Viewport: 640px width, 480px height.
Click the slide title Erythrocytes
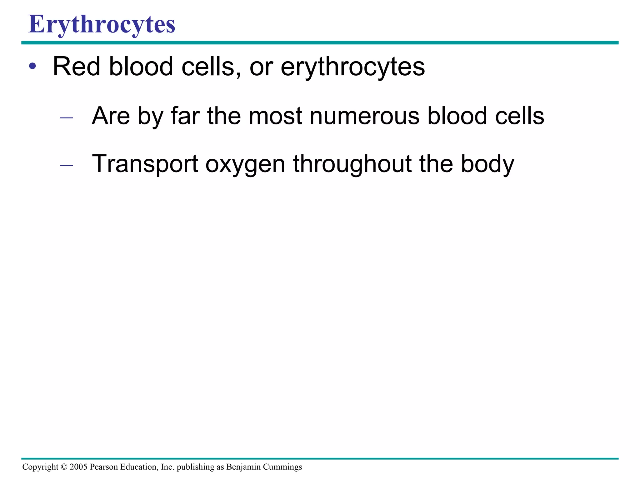[x=102, y=24]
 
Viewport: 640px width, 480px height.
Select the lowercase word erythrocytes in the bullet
[x=353, y=67]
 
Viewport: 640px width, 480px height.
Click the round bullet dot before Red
[x=32, y=66]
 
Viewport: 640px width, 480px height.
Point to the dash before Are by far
[x=66, y=118]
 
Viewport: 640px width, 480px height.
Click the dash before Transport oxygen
[x=66, y=166]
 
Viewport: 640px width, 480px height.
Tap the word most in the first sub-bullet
[x=275, y=116]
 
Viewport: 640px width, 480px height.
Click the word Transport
[x=145, y=164]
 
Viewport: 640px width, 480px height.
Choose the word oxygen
[x=245, y=165]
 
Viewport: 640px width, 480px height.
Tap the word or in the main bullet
[x=261, y=67]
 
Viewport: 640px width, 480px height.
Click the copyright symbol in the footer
[x=64, y=467]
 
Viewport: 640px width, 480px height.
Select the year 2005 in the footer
[x=78, y=467]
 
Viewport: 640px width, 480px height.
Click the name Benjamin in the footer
[x=243, y=467]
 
